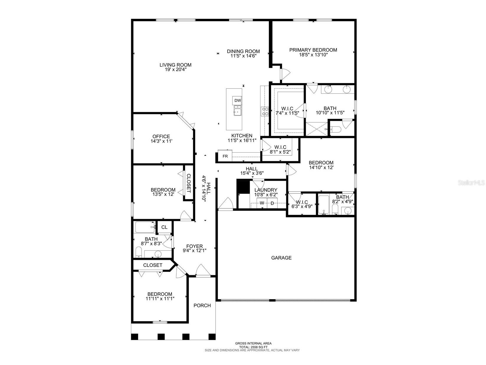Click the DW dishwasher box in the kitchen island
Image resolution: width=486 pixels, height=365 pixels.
[x=237, y=100]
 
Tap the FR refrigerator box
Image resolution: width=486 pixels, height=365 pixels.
[x=225, y=156]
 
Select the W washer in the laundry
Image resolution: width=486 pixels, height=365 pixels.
[x=262, y=203]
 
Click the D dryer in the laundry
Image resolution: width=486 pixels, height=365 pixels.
[x=272, y=203]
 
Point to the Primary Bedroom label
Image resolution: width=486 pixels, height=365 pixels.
[x=313, y=50]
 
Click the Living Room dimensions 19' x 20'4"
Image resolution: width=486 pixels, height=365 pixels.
[x=175, y=70]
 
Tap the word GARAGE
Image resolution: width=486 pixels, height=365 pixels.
[x=281, y=258]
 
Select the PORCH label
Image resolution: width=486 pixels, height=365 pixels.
[x=202, y=305]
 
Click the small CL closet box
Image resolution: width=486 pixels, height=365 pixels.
[x=164, y=227]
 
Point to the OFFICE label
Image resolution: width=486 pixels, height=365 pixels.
[x=161, y=136]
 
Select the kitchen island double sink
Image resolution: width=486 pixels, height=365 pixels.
[x=237, y=112]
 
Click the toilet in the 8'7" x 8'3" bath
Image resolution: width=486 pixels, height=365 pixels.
[x=138, y=252]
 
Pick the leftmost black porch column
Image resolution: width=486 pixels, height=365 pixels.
[x=134, y=336]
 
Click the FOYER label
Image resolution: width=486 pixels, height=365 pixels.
[x=194, y=246]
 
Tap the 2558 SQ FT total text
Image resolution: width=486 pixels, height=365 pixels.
[x=253, y=347]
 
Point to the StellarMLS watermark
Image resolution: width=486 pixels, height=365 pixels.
[x=471, y=183]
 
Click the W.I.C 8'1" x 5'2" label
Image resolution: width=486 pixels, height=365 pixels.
[x=280, y=147]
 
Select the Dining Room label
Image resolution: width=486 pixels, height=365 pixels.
[x=243, y=51]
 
